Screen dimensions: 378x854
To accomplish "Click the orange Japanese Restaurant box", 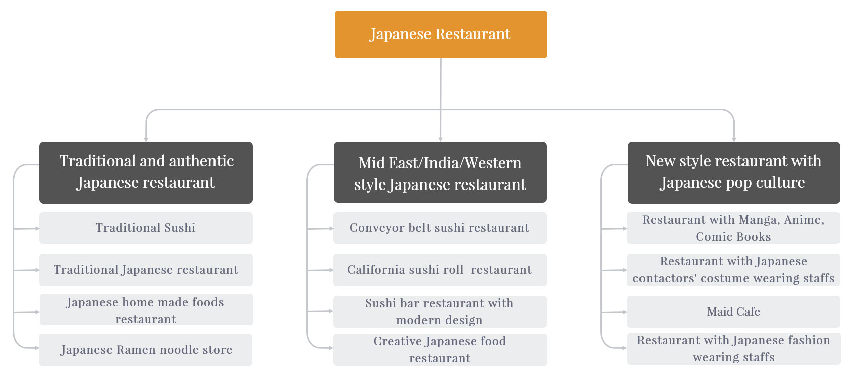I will click(x=441, y=34).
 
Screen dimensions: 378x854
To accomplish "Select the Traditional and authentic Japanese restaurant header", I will click(x=146, y=172).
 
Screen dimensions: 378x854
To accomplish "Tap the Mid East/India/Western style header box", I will click(x=440, y=172).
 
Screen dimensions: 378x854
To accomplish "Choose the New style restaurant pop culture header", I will click(x=734, y=172).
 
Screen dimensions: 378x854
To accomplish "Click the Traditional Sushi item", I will click(x=146, y=228).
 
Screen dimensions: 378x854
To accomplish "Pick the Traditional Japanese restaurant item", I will click(x=146, y=270).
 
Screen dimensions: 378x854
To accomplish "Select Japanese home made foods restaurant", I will click(x=146, y=310).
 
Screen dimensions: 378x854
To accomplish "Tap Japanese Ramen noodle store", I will click(x=146, y=350).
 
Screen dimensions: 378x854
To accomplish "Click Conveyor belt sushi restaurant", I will click(x=440, y=228).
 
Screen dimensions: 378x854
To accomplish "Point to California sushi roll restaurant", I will click(x=440, y=270).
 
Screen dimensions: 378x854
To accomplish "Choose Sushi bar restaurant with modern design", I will click(x=440, y=312).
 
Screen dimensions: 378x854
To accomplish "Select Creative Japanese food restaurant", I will click(x=440, y=350).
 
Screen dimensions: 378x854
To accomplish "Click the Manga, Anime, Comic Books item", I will click(x=733, y=228).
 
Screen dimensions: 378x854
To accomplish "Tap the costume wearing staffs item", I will click(x=733, y=270).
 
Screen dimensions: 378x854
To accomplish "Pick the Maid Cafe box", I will click(x=733, y=312).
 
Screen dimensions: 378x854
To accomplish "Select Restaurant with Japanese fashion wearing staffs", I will click(x=733, y=349).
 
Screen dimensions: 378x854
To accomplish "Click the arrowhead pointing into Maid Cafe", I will click(x=625, y=312).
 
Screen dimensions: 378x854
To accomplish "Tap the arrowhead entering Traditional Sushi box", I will click(x=37, y=228).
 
